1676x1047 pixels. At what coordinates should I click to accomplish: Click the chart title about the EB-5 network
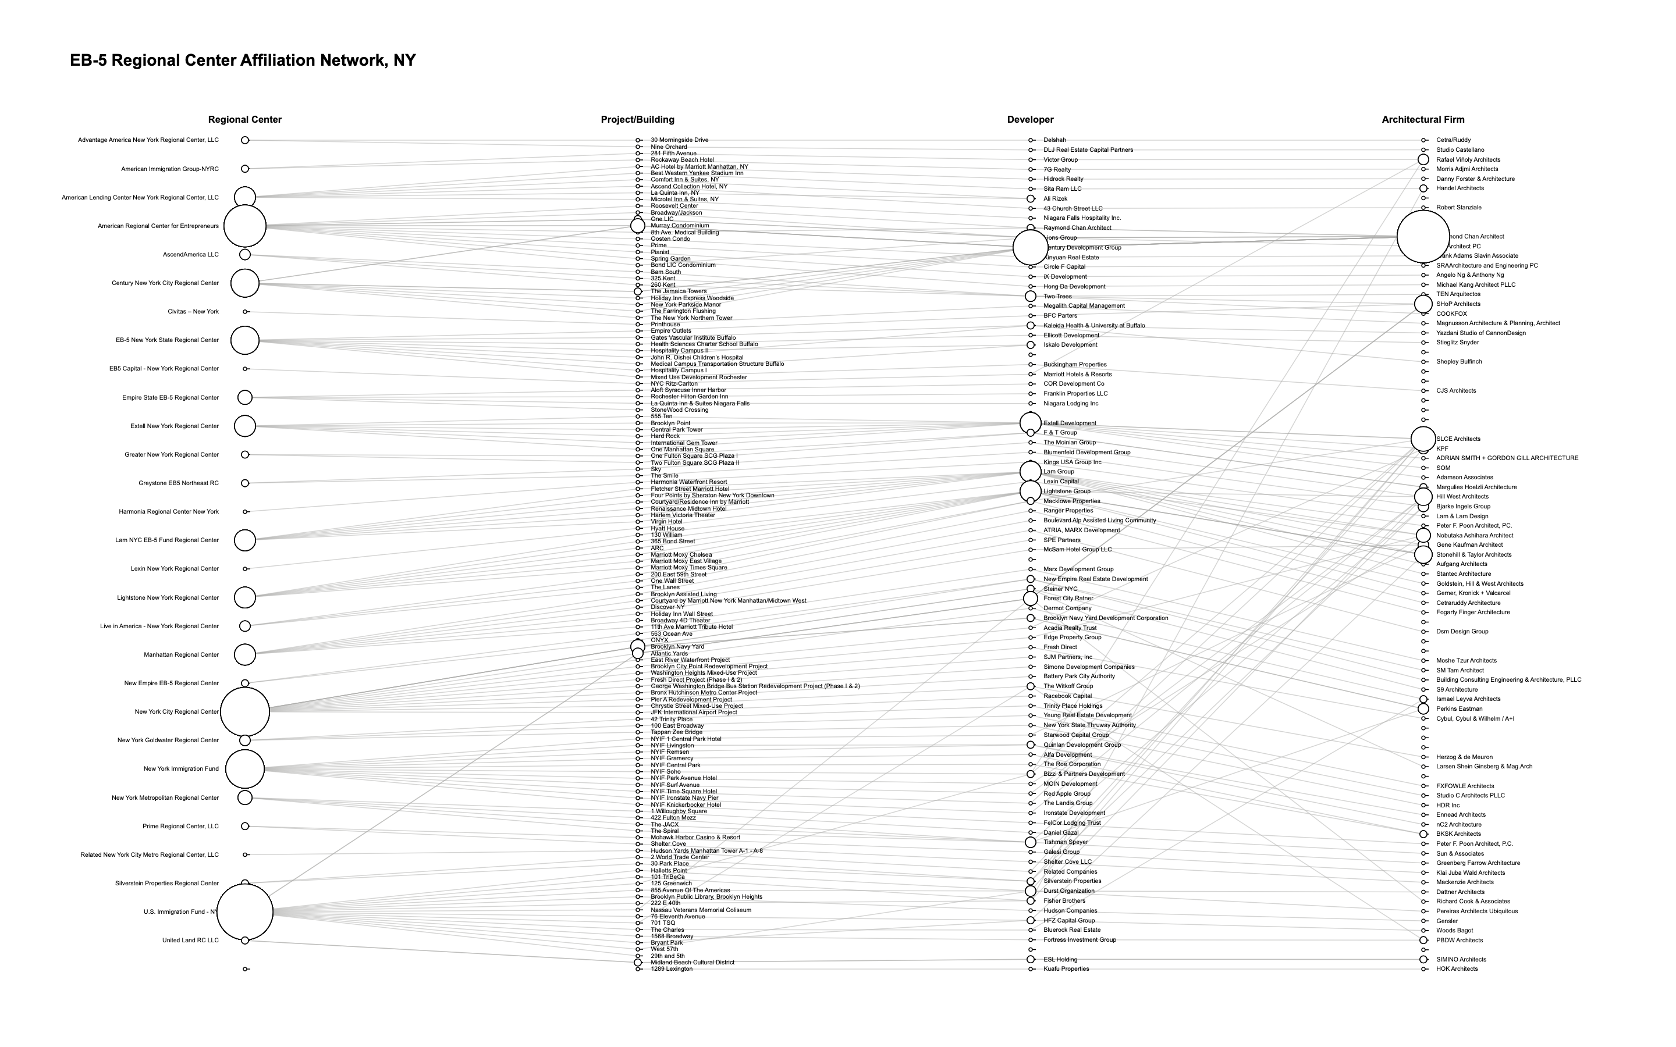point(243,60)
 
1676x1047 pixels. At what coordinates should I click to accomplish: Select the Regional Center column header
point(244,119)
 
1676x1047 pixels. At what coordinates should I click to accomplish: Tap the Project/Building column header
point(637,119)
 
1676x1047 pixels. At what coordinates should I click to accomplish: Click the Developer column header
point(1030,119)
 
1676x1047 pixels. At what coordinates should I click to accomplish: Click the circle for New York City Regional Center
point(244,712)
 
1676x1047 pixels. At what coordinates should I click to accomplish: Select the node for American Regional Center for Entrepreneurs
point(244,226)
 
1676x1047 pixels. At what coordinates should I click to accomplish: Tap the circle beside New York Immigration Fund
point(244,768)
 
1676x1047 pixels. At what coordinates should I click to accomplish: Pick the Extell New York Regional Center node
point(244,426)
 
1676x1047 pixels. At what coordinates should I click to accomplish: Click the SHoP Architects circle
point(1423,304)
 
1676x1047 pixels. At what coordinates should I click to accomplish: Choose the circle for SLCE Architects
point(1423,439)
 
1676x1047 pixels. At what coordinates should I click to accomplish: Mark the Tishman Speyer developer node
point(1031,842)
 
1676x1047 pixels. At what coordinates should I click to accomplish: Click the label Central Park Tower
point(676,429)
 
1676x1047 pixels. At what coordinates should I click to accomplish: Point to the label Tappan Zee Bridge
point(676,732)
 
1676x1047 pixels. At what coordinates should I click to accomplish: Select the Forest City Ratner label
point(1068,599)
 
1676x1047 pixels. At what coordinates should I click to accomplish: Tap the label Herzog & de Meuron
point(1464,757)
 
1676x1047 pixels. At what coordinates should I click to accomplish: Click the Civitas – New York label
point(193,312)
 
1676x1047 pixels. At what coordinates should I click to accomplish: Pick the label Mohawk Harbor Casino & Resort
point(695,837)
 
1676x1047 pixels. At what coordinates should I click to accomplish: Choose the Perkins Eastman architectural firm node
point(1423,708)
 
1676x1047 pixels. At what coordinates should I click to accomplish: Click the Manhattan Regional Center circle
point(244,654)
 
